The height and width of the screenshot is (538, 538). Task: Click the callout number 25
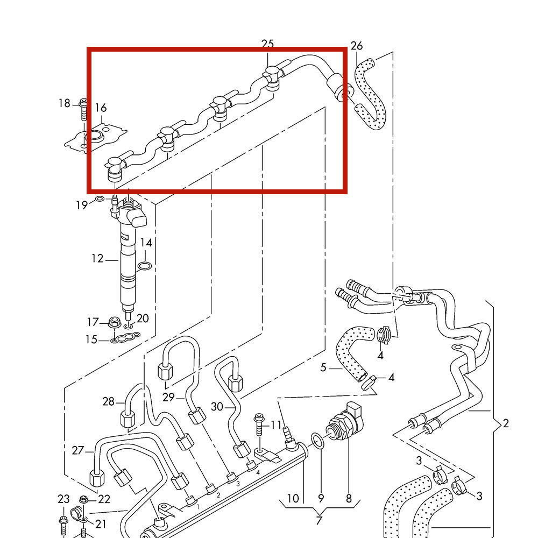[267, 44]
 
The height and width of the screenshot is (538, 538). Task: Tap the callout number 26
[357, 46]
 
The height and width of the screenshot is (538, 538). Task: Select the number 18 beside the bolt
[65, 103]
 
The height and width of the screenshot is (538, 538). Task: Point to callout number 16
[101, 108]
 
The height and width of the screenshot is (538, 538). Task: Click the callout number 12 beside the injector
[97, 259]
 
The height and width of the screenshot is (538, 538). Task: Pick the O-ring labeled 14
[144, 266]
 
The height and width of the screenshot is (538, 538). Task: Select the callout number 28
[109, 401]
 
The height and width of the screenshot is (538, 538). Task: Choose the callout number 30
[217, 407]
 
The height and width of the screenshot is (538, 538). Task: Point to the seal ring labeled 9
[318, 441]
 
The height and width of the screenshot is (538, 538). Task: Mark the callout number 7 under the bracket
[318, 520]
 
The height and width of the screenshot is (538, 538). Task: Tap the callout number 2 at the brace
[506, 423]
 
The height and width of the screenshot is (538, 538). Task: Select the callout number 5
[323, 368]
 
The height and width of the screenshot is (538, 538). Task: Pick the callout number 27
[78, 450]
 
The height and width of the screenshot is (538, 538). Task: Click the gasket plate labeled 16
[97, 137]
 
